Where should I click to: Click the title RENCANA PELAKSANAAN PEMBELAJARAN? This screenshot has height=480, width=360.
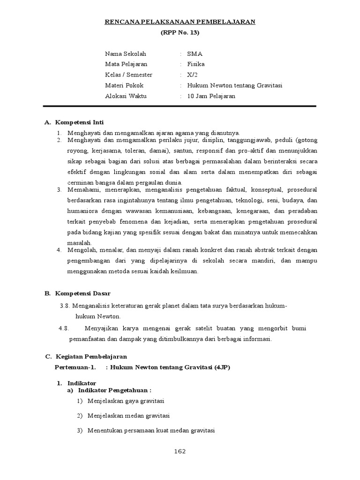[180, 22]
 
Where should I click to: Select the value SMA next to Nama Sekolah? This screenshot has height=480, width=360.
[195, 53]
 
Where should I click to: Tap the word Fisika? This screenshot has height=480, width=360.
[196, 64]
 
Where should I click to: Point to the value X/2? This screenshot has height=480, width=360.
[193, 75]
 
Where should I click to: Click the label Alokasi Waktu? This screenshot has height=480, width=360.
[126, 97]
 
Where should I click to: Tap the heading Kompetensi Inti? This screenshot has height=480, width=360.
[79, 122]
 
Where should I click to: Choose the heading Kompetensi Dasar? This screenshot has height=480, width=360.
[82, 293]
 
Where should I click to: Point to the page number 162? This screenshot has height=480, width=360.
[180, 451]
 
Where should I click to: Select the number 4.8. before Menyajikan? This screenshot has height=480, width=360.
[64, 328]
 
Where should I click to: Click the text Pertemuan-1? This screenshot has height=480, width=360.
[72, 367]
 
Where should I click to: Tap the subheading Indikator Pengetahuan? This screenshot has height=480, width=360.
[114, 390]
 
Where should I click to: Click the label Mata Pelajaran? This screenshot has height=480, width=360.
[126, 64]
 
